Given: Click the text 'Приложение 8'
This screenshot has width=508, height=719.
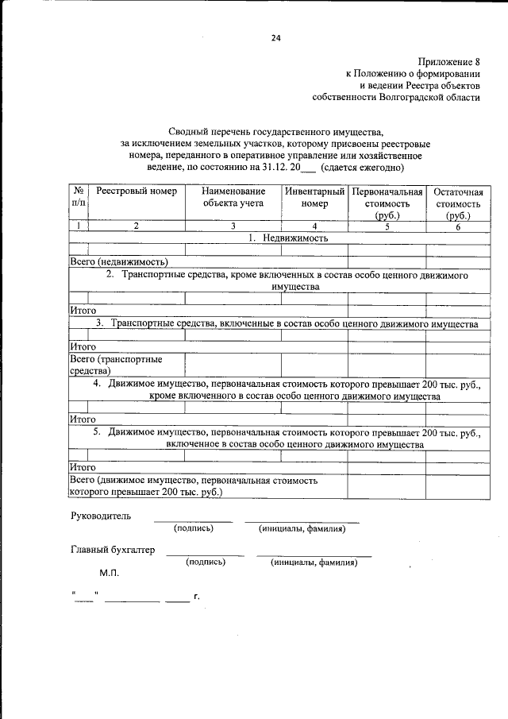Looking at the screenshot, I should pyautogui.click(x=449, y=61).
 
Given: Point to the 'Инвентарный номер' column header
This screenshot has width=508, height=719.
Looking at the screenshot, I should pyautogui.click(x=314, y=198).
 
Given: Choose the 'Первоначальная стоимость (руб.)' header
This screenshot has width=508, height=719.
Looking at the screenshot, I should pyautogui.click(x=387, y=203).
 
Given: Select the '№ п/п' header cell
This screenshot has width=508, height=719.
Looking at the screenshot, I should pyautogui.click(x=79, y=198).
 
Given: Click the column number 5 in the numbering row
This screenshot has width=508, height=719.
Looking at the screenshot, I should pyautogui.click(x=387, y=226).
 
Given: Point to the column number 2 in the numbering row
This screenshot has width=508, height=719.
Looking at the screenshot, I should pyautogui.click(x=136, y=226).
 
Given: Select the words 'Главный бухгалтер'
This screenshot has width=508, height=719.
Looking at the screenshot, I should pyautogui.click(x=113, y=550).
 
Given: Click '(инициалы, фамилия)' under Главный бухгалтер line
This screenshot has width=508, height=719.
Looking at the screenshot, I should pyautogui.click(x=314, y=562).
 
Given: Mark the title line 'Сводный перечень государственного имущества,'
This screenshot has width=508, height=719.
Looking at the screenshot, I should pyautogui.click(x=275, y=132).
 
